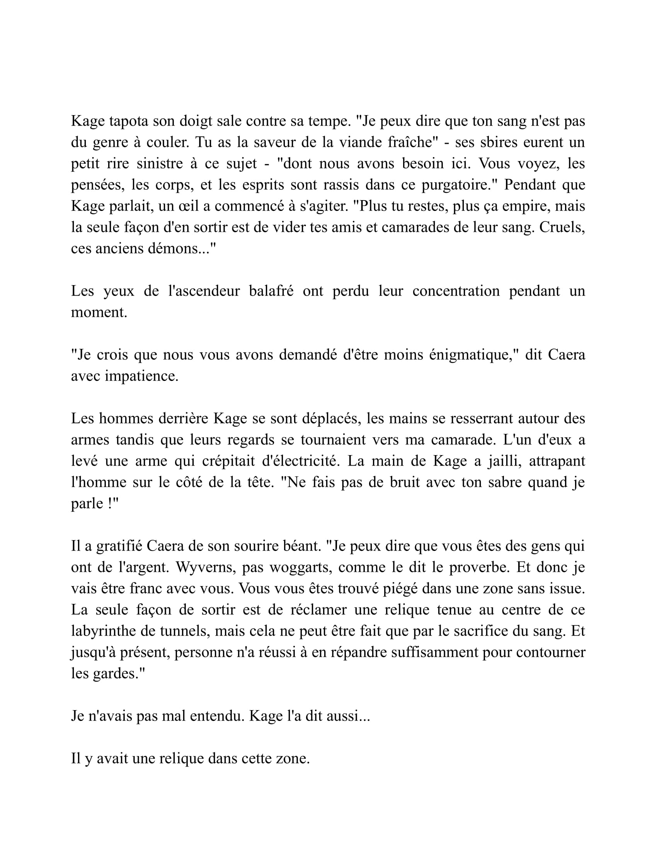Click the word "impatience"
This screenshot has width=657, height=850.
click(141, 376)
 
